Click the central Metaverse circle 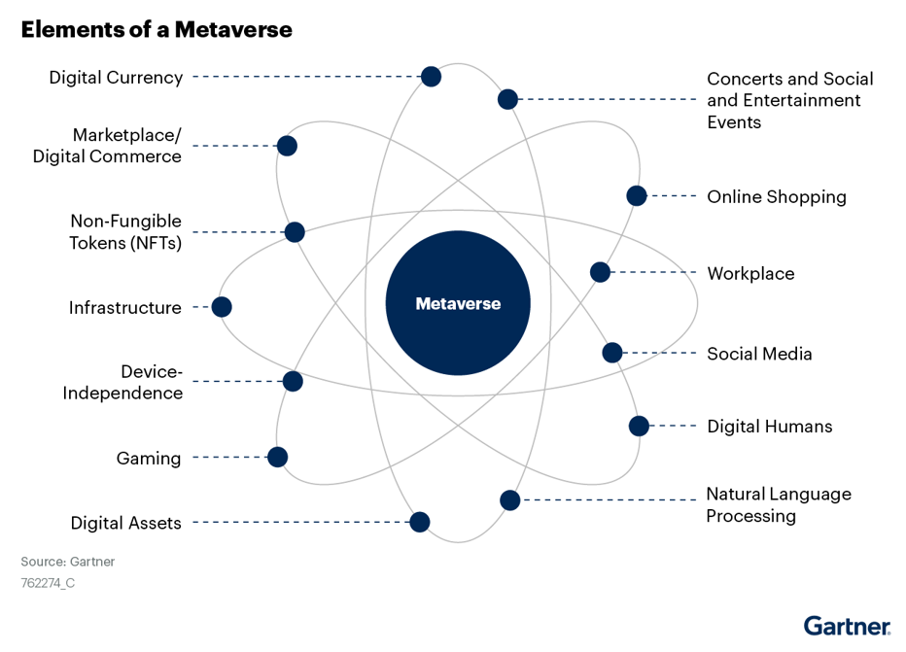click(x=458, y=303)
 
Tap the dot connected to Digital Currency click(x=431, y=76)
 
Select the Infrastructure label click(x=124, y=307)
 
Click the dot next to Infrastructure click(x=222, y=307)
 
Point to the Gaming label click(x=149, y=459)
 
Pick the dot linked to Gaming click(x=277, y=458)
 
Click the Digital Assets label click(x=126, y=523)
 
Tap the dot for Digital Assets click(x=420, y=522)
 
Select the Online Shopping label click(x=777, y=197)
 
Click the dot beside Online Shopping click(x=636, y=195)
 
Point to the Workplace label click(x=750, y=273)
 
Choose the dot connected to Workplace click(x=600, y=272)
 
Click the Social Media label click(x=759, y=354)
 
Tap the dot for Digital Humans click(x=639, y=427)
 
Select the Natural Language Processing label click(x=779, y=504)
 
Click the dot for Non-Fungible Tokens click(x=295, y=232)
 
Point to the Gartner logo click(x=847, y=626)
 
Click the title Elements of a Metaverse click(x=157, y=29)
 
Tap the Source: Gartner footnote click(x=68, y=562)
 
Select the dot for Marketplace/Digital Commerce click(x=287, y=146)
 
